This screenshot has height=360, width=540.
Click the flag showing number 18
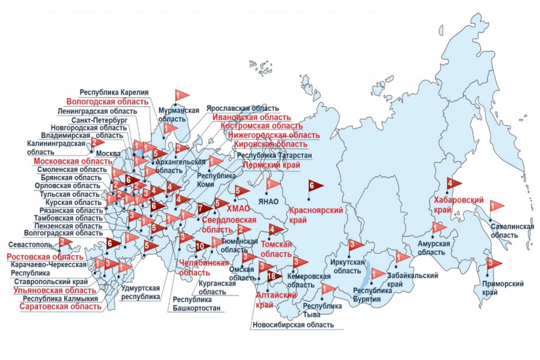(274, 275)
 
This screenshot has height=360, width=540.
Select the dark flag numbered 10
(202, 246)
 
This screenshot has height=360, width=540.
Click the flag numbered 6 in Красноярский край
(314, 186)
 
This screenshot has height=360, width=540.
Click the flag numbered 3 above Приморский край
(493, 264)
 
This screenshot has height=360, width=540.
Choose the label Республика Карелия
(115, 92)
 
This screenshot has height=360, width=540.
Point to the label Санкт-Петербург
(98, 120)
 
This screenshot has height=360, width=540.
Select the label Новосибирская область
(293, 325)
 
